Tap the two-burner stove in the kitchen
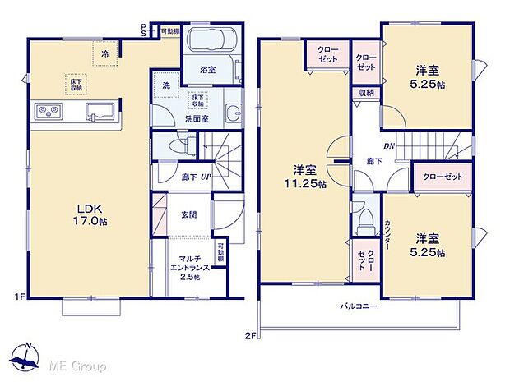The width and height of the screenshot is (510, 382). (x=46, y=111)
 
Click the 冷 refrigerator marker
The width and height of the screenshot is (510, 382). (x=104, y=53)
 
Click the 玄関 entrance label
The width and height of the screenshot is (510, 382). (x=188, y=215)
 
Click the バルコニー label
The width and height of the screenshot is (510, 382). (x=359, y=306)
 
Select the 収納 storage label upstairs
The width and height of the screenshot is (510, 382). (x=365, y=93)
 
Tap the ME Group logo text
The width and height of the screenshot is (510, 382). (x=77, y=362)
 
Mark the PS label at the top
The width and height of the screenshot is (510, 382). (x=144, y=30)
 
